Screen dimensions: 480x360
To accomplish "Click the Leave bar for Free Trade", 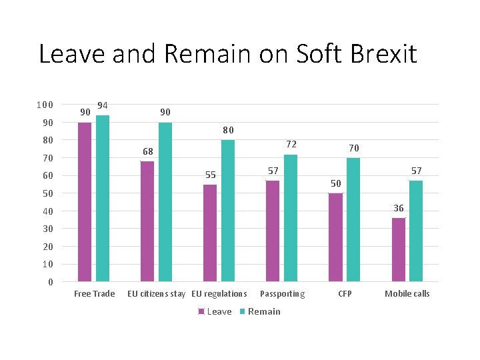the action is point(85,202).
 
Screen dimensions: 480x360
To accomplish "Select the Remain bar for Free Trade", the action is point(103,199).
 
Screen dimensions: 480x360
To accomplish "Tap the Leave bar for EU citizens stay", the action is point(147,221).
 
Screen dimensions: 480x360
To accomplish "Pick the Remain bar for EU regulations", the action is point(228,211).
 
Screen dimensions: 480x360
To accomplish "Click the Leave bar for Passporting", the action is point(273,231).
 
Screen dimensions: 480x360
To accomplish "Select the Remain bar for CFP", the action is point(353,220).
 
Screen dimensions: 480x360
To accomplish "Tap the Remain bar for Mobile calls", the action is point(416,231).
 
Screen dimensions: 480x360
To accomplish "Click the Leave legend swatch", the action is point(201,311).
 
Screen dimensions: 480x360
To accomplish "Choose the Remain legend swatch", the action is point(242,311).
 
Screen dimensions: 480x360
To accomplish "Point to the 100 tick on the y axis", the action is point(45,105).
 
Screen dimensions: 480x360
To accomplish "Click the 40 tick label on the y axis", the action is point(48,211).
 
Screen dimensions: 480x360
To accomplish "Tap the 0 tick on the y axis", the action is point(51,282).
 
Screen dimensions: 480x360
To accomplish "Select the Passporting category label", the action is point(282,294).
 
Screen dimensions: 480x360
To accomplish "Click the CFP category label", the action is point(345,294).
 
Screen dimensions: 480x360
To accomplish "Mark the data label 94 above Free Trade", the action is point(103,105).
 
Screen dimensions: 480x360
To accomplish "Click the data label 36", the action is point(399,208).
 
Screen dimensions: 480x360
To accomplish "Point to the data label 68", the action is point(148,151).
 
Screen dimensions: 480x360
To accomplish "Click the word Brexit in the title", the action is point(383,53).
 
